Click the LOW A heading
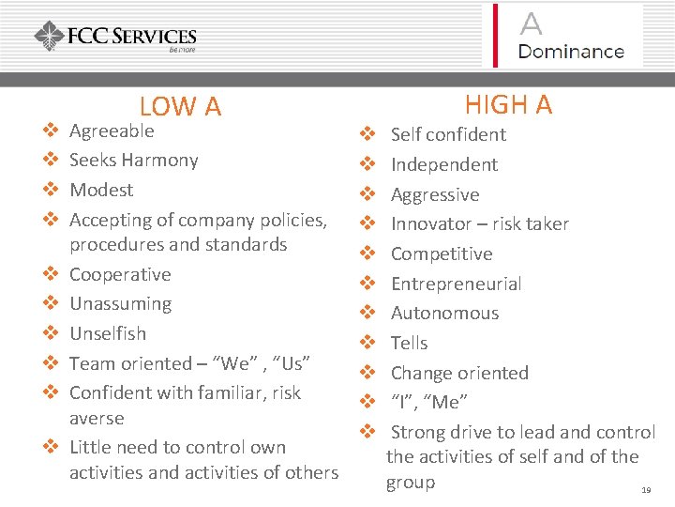click(180, 108)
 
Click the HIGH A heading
click(508, 104)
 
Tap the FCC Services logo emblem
click(49, 37)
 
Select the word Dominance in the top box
click(571, 52)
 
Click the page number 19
click(645, 491)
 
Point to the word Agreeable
click(112, 131)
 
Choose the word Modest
click(101, 190)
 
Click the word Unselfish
click(108, 333)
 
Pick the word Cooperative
click(120, 274)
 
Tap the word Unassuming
click(120, 303)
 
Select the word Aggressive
click(434, 194)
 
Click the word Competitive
click(441, 253)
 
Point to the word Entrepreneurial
click(456, 284)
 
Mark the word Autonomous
click(444, 313)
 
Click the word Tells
click(409, 343)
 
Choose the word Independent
click(443, 164)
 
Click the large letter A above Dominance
click(531, 23)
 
